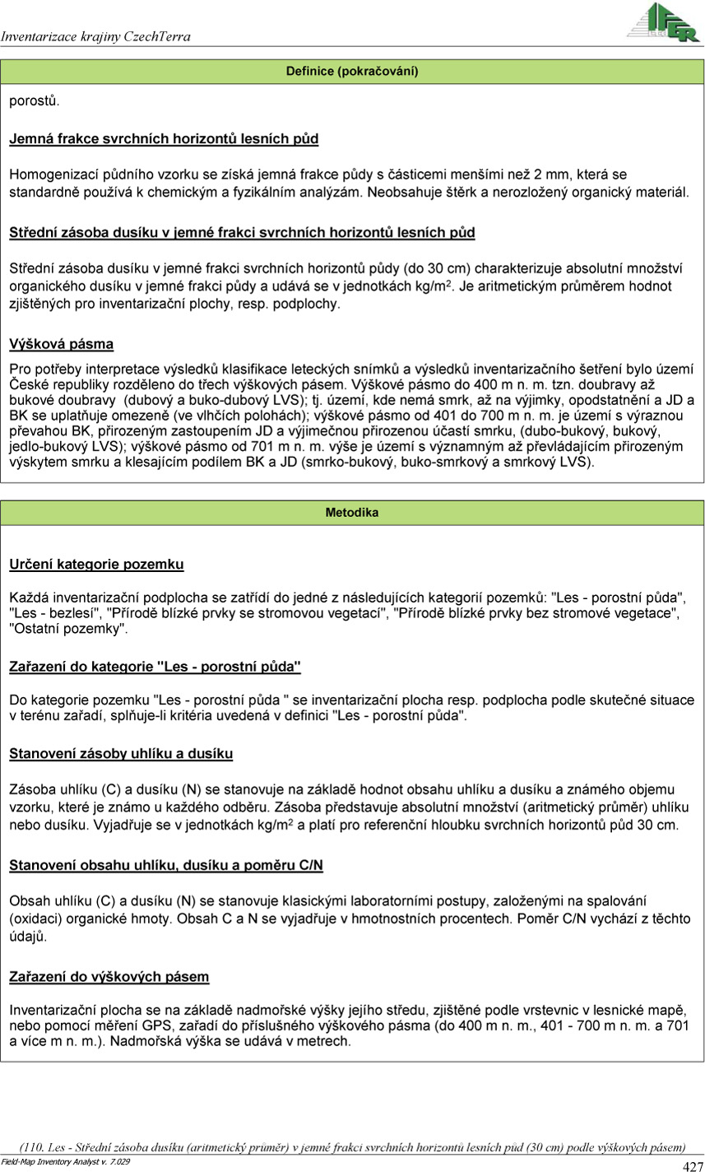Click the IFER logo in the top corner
[662, 22]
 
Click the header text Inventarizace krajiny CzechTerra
[95, 37]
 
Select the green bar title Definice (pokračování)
[352, 72]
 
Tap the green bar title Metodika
[352, 513]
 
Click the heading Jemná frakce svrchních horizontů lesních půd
[164, 139]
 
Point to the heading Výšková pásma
[61, 343]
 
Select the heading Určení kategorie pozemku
[96, 565]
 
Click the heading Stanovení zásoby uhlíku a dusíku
[121, 753]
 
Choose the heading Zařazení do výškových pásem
[109, 977]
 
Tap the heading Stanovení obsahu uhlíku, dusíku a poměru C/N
[166, 865]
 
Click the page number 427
[693, 1166]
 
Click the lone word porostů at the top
[34, 101]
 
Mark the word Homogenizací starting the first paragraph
[52, 174]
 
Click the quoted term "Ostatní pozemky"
[68, 629]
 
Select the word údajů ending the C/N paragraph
[27, 937]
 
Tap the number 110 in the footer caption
[32, 1147]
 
